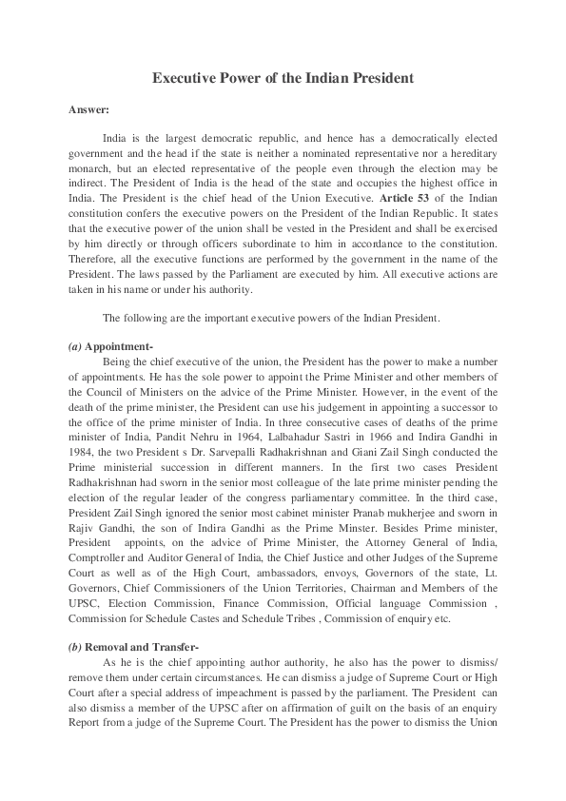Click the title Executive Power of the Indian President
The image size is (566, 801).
[x=283, y=79]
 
